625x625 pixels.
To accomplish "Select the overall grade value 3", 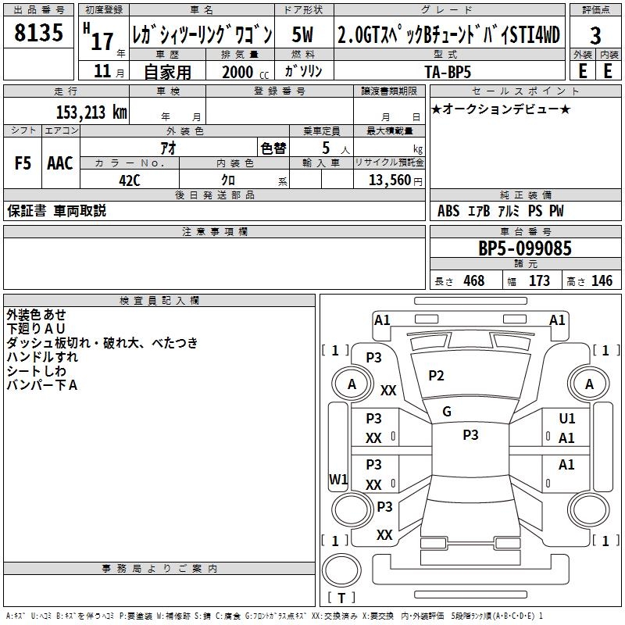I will click(x=595, y=35).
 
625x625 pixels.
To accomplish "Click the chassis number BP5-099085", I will click(x=525, y=248).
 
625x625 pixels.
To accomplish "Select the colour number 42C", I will click(x=130, y=179).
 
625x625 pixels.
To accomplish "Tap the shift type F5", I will click(x=23, y=163).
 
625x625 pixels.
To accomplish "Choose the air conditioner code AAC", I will click(x=60, y=163).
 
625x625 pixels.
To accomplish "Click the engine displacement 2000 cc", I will click(x=238, y=72).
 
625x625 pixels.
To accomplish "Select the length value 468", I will click(x=473, y=281).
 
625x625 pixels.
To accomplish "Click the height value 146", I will click(x=602, y=281).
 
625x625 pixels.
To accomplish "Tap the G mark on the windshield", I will click(x=446, y=411).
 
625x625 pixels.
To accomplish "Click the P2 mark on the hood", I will click(x=436, y=376).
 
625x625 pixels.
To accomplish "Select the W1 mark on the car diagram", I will click(x=338, y=479).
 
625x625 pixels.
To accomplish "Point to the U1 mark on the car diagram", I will click(x=566, y=420).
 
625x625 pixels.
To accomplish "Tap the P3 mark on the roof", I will click(x=470, y=435).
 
